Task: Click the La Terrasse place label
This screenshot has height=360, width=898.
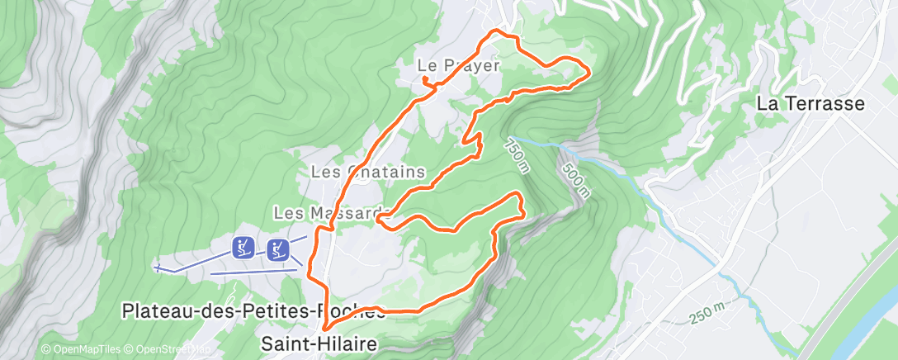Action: [811, 104]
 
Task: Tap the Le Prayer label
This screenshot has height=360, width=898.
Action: [459, 64]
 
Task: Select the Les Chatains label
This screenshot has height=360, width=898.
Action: [367, 172]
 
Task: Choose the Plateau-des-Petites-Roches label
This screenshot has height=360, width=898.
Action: [253, 311]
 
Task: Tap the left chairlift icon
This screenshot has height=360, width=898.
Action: [243, 247]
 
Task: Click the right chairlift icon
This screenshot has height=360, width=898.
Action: [278, 249]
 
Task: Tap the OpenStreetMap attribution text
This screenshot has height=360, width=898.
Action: [169, 350]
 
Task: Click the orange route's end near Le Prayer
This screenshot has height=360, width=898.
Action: [424, 78]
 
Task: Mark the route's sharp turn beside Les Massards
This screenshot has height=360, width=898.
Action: [379, 219]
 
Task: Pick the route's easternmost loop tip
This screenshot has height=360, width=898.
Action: [588, 71]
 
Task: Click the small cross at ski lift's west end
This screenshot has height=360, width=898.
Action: [157, 268]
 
